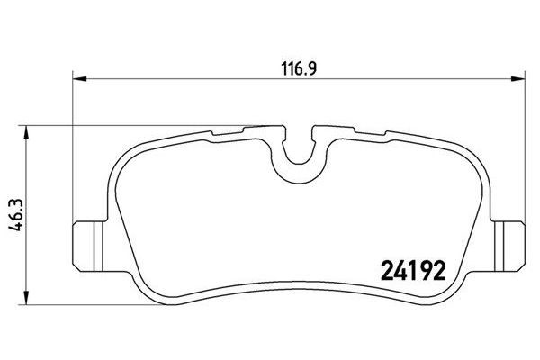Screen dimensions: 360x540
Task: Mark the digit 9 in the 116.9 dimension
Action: click(307, 67)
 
